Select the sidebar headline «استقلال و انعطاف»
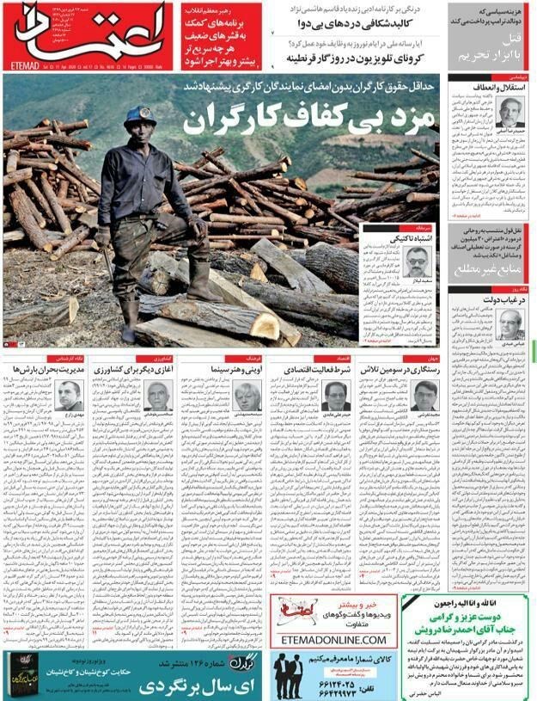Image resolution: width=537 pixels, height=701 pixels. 492,88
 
